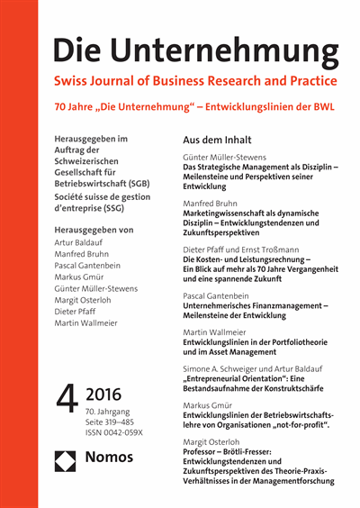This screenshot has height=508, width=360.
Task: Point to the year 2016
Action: coord(106,393)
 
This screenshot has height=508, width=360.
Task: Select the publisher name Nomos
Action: coord(109,458)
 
